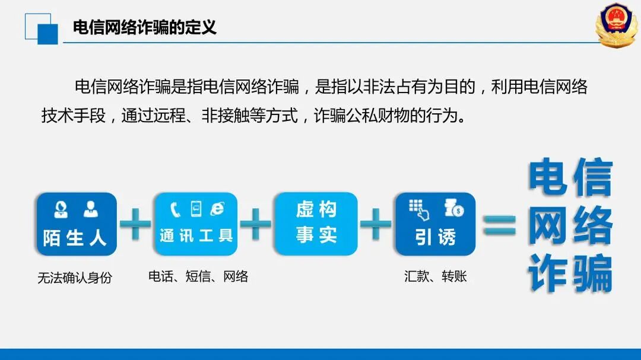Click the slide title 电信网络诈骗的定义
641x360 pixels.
click(x=144, y=27)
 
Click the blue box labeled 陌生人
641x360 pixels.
click(x=77, y=224)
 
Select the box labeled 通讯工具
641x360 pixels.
click(x=196, y=224)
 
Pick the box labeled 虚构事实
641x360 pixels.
click(x=316, y=224)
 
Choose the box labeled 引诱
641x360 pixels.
click(x=436, y=224)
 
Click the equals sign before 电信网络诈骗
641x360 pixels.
click(x=499, y=225)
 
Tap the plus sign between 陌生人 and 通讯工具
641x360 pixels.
click(x=135, y=224)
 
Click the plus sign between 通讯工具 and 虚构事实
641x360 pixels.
click(x=255, y=224)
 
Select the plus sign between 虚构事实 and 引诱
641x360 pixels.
click(x=376, y=224)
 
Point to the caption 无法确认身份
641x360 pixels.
click(x=75, y=278)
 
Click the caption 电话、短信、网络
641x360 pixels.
click(x=198, y=276)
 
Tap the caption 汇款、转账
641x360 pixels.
click(x=436, y=276)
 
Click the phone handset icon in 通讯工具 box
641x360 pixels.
click(x=175, y=209)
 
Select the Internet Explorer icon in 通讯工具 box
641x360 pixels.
click(x=217, y=209)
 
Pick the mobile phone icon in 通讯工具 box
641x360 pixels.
click(x=196, y=209)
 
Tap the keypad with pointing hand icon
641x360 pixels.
click(x=420, y=209)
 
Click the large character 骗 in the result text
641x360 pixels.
click(x=592, y=273)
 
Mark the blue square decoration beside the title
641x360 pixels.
click(x=47, y=33)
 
